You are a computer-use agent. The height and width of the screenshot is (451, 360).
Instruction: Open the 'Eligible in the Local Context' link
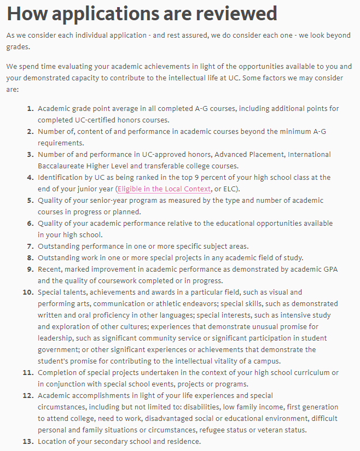point(164,189)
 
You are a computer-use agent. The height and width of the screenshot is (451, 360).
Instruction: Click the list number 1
point(30,109)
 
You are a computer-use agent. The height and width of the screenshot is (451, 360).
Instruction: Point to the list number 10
point(28,292)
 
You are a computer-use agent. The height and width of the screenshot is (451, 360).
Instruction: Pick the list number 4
point(30,178)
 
